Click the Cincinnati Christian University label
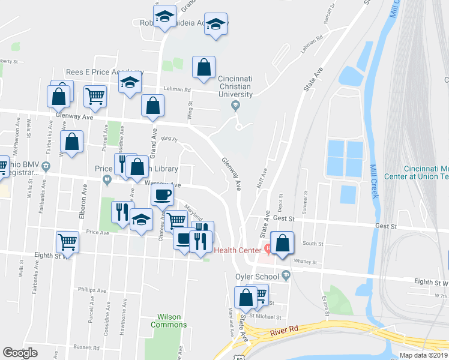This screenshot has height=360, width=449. tap(235, 86)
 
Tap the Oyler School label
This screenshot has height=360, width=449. tap(258, 277)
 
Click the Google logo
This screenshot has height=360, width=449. tap(20, 353)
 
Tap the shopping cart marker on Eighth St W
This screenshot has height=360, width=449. tap(67, 242)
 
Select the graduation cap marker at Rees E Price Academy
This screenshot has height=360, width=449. tap(129, 84)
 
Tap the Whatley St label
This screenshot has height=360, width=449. tap(306, 261)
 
